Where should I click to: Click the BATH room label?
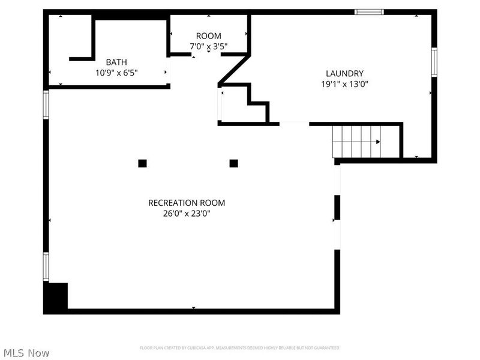tap(116, 62)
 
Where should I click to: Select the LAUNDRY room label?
tap(344, 74)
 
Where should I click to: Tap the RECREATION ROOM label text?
tap(187, 203)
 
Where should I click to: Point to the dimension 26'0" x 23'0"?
tap(187, 213)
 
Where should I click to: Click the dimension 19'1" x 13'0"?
tap(344, 85)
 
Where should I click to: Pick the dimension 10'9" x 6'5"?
tap(116, 73)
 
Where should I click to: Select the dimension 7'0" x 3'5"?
tap(209, 46)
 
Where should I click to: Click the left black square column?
tap(142, 163)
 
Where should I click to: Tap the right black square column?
tap(233, 163)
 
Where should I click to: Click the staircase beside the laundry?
tap(356, 142)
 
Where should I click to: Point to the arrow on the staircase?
tap(377, 142)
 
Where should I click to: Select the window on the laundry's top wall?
tap(369, 11)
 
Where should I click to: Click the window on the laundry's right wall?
tap(434, 63)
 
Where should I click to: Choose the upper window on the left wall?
tap(46, 104)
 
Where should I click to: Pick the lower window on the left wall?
tap(46, 266)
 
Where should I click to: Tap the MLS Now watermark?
tap(25, 353)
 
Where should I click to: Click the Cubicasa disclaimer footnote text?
tap(240, 348)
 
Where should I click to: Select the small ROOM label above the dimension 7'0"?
tap(209, 36)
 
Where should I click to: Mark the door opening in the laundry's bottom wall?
tap(294, 124)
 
